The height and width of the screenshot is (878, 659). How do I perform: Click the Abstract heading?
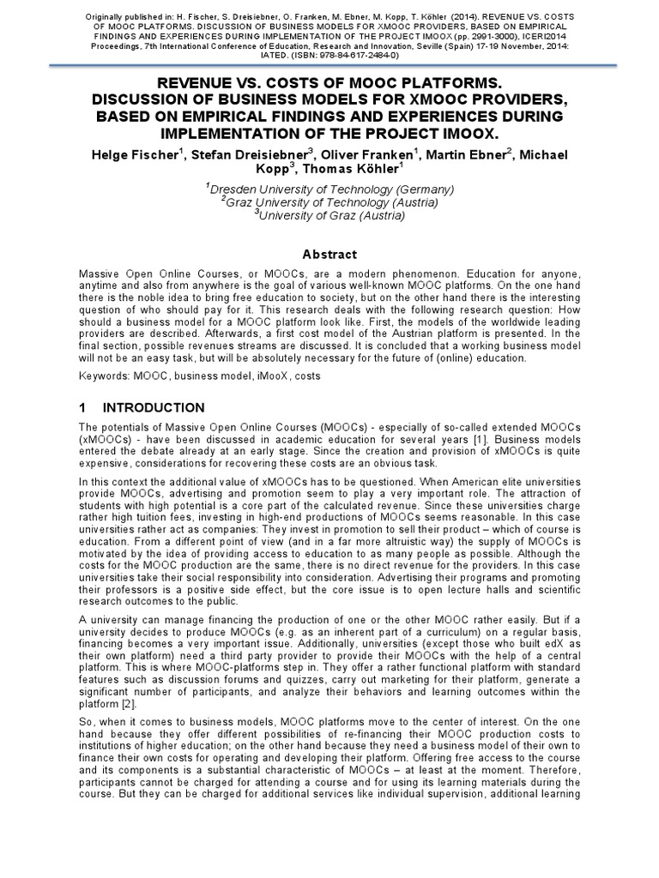(329, 254)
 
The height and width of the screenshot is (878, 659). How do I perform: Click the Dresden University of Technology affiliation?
(329, 189)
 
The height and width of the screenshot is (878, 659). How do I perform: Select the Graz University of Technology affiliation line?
(329, 202)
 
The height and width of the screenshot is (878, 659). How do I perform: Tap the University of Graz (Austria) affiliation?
(329, 215)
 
